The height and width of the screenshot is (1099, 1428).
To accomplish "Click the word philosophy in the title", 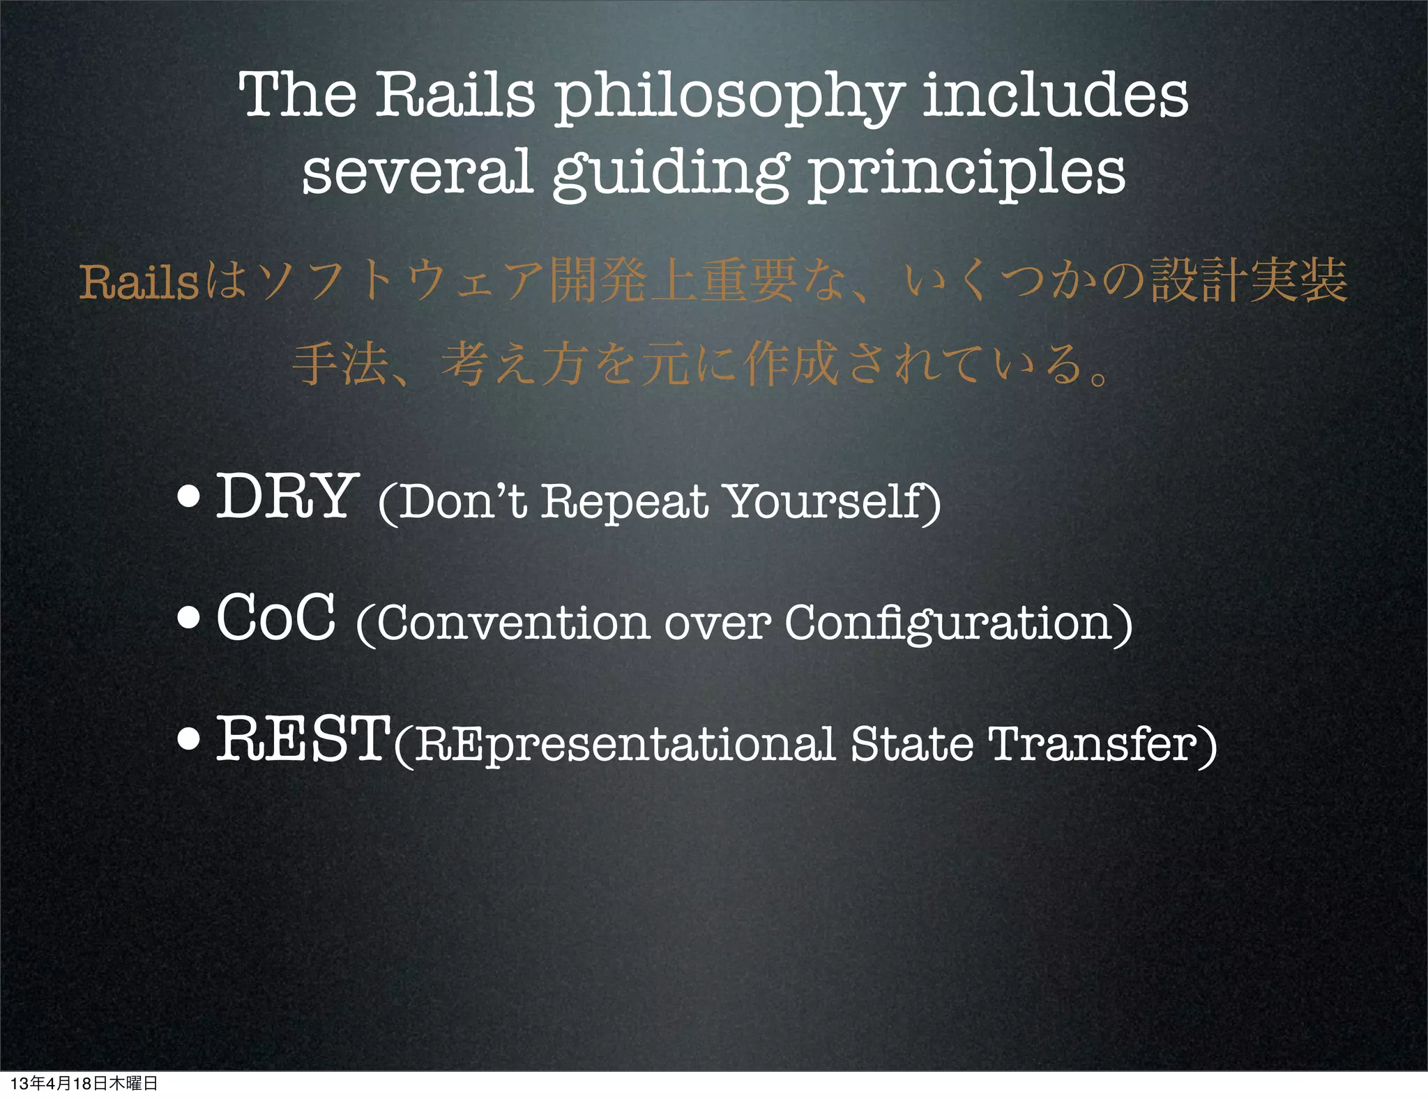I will (x=729, y=98).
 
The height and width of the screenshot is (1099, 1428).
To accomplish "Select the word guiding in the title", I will (x=670, y=174).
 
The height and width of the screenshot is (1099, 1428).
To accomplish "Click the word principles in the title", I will (x=966, y=174).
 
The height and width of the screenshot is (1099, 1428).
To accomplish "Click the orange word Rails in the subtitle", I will (x=139, y=282).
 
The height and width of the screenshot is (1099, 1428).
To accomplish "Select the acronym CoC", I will (x=275, y=617).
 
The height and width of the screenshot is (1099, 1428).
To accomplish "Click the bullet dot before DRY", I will (x=188, y=497).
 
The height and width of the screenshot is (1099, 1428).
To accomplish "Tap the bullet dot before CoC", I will (x=188, y=618).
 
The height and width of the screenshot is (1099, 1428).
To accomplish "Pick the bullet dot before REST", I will (x=188, y=739).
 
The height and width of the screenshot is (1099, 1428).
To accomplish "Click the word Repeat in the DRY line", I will (x=624, y=502).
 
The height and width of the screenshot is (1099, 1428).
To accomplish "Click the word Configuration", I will (x=949, y=622).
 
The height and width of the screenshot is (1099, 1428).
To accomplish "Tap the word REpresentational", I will (x=625, y=745).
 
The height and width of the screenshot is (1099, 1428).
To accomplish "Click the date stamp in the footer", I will (x=84, y=1083).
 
